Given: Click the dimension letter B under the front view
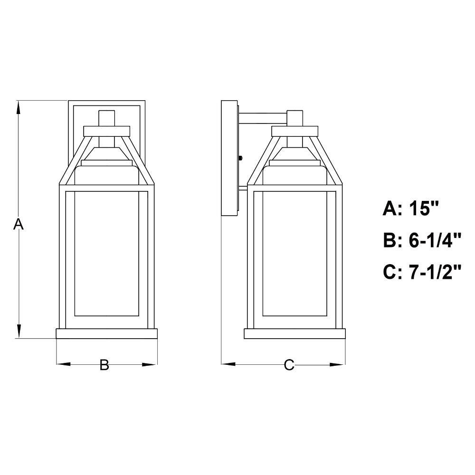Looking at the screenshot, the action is pos(104,365).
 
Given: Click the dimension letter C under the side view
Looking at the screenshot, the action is pos(289,365).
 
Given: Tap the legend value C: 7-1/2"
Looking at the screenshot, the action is pos(422,272).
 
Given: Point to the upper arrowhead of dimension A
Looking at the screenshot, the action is pos(19,107).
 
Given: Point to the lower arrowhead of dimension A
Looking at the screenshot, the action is pos(19,331).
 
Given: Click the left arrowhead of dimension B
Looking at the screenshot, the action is pos(64,364).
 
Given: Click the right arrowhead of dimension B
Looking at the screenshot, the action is pos(150,364).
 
